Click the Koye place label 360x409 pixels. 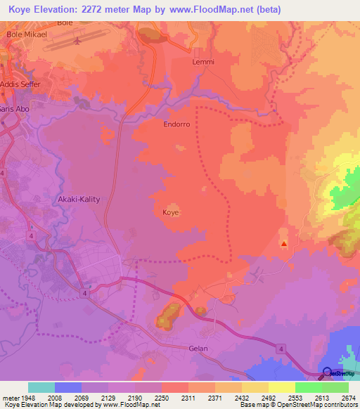(171, 212)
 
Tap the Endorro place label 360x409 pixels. (176, 124)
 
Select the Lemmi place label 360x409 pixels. (202, 62)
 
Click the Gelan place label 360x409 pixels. (199, 347)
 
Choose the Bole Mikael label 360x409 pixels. (26, 34)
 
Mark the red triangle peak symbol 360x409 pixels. (283, 244)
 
